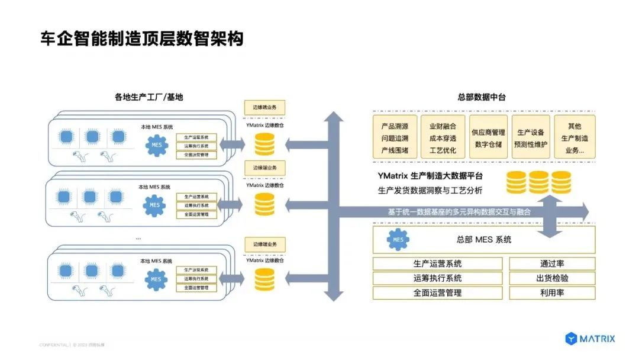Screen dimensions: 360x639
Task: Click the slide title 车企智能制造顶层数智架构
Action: [141, 38]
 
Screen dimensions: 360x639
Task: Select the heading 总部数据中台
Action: [481, 97]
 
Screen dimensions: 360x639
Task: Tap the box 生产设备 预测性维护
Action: [531, 137]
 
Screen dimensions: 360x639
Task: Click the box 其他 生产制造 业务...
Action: [574, 137]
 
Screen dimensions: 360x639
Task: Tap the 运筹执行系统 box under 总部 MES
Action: [437, 278]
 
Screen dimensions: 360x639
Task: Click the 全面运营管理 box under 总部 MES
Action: [437, 292]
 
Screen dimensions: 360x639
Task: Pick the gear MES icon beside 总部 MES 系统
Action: [398, 240]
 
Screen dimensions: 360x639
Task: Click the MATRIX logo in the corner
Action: [590, 339]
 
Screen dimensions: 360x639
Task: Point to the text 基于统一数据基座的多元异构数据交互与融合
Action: [459, 211]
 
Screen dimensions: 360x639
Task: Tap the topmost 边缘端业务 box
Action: [264, 107]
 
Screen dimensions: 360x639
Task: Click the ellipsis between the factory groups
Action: [138, 237]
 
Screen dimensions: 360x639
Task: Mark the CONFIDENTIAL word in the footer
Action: [54, 345]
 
